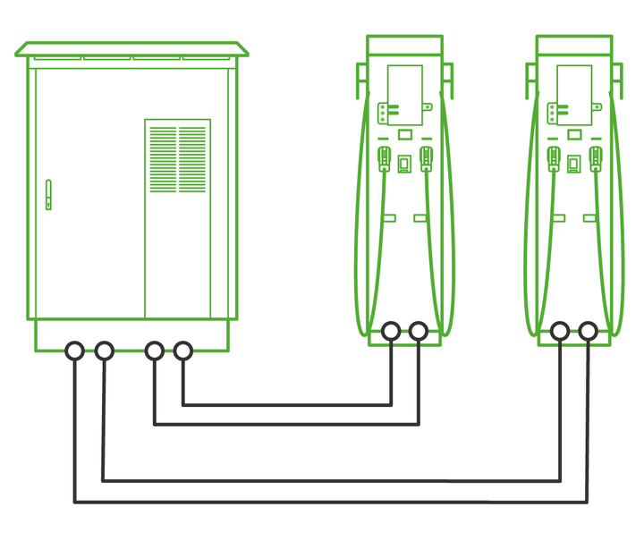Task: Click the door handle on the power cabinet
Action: [x=48, y=194]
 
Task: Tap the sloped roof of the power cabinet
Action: [x=131, y=48]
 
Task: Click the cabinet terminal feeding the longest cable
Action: [x=75, y=351]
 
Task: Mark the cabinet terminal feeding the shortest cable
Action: [x=182, y=351]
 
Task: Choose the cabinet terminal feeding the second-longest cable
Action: [x=104, y=351]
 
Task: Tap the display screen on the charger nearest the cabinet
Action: [x=404, y=95]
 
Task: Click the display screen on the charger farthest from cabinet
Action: [x=573, y=95]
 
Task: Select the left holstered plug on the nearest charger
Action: [x=384, y=159]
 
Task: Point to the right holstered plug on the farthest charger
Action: [x=596, y=159]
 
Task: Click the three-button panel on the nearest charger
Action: [x=384, y=113]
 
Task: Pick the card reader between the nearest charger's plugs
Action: [x=404, y=163]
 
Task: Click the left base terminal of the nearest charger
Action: [x=390, y=332]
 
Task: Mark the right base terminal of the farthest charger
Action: [x=588, y=332]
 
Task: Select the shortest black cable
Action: [x=286, y=404]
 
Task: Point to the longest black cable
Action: [x=331, y=501]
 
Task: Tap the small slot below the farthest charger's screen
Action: [x=573, y=134]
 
